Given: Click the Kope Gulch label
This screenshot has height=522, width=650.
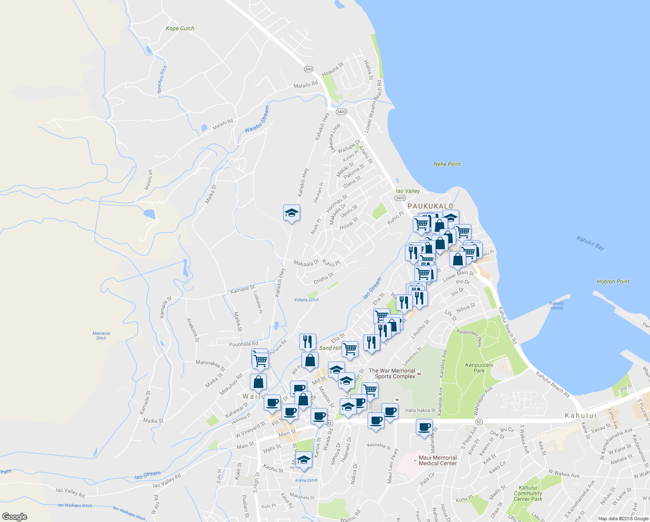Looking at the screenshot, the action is [180, 29].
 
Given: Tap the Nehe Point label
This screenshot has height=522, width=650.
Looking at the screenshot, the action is [447, 164].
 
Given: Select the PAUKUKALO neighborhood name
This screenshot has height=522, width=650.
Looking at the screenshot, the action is [430, 206].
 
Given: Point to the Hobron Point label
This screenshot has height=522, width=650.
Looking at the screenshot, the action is [613, 281].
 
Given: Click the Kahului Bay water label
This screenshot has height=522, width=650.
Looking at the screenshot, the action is [590, 243].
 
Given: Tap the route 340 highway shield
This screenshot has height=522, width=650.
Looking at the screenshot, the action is [308, 69].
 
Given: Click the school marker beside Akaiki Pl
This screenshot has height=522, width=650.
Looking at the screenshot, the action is [292, 213].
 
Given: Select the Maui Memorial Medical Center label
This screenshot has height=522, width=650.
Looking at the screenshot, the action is [438, 460].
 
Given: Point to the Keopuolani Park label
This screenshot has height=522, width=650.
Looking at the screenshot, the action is [479, 368].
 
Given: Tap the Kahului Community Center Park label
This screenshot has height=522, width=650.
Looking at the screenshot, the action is [528, 493].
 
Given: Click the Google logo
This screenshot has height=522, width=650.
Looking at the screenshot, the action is [14, 516].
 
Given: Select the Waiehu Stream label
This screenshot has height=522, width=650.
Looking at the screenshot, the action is [257, 119].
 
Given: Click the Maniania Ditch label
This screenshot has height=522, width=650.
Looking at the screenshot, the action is [101, 335].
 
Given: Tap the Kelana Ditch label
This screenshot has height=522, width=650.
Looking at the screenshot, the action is [306, 300].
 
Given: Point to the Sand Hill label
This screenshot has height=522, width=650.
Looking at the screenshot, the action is [330, 348].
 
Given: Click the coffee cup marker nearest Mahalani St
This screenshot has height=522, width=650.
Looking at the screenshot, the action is [424, 427].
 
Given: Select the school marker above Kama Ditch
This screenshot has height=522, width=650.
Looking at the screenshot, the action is [304, 460].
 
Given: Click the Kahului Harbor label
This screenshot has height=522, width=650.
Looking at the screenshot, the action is [557, 305].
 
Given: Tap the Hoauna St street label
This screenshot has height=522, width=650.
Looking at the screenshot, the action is [333, 69].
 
